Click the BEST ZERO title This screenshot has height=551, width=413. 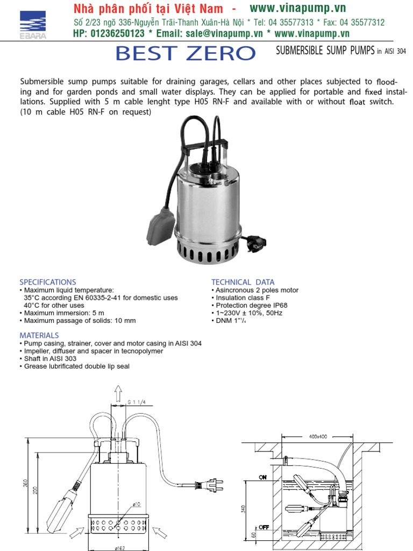185,54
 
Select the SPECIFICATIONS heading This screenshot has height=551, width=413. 48,282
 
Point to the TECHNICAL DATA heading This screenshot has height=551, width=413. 243,282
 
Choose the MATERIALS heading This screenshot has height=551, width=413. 39,335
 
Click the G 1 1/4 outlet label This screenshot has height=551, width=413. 137,401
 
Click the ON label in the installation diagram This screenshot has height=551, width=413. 263,477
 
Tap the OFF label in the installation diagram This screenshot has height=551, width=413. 264,527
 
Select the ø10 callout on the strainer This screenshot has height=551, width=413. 136,504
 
